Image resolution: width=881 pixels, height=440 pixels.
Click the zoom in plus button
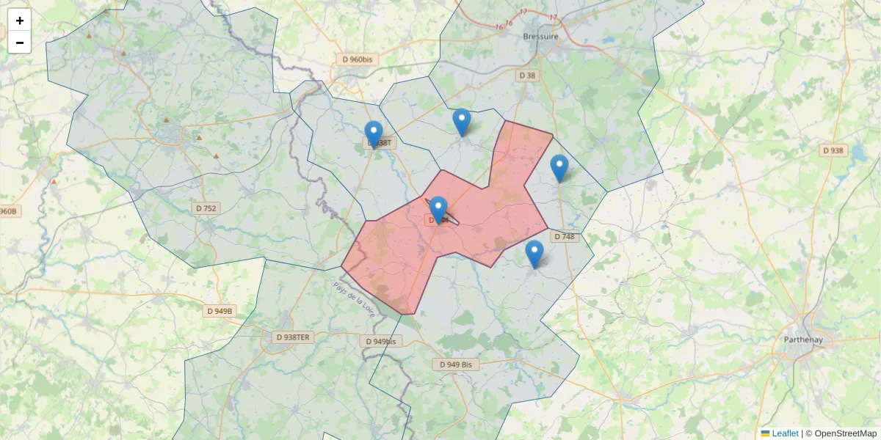point(19,21)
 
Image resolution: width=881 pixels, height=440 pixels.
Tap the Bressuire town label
point(541,36)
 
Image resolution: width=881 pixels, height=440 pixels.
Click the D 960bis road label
point(360,59)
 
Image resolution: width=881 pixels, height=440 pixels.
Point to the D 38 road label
point(527,76)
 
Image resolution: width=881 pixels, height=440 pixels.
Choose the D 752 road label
point(206,208)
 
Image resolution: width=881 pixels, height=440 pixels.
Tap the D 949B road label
point(220,311)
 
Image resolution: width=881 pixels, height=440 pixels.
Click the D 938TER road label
point(292,337)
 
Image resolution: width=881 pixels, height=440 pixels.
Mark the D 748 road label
point(565,237)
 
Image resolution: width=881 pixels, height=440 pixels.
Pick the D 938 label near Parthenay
point(833,150)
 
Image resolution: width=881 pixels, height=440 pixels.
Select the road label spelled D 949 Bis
point(455,364)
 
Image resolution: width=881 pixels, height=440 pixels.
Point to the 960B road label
point(7,212)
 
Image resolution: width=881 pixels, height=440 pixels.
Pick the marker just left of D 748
point(534,254)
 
